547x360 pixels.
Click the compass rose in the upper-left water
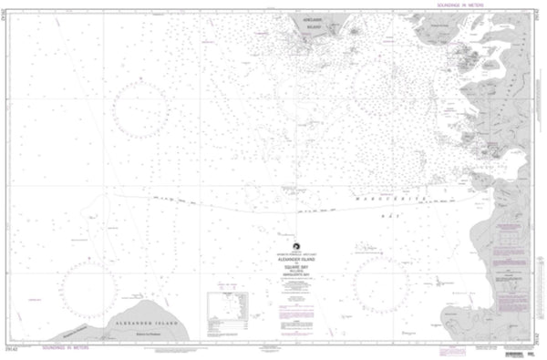pos(141,108)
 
